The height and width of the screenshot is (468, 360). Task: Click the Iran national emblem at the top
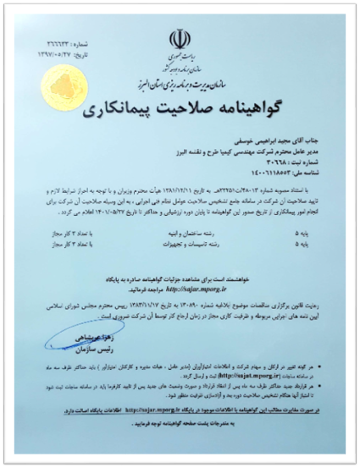[x=179, y=38]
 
